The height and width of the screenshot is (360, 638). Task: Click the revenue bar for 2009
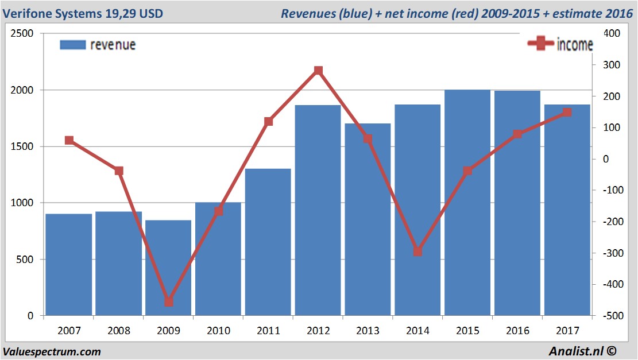point(168,270)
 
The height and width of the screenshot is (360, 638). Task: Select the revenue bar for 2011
point(268,241)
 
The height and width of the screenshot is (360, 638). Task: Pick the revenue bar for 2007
point(69,264)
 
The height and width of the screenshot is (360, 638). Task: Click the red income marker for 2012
point(318,71)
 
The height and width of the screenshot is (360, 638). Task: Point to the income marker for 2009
point(169,302)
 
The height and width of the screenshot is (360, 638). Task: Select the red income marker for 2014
point(417,251)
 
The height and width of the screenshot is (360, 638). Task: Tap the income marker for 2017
point(567,113)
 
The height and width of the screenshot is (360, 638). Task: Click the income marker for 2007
point(69,140)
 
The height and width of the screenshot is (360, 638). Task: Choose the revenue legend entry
point(98,45)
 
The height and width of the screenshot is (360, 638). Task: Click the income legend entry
point(560,44)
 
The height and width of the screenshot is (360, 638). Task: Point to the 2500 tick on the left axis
point(22,34)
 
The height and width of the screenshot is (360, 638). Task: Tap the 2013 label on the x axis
point(368,331)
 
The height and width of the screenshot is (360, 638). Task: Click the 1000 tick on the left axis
point(22,203)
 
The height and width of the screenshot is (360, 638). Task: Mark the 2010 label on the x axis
point(218,331)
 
